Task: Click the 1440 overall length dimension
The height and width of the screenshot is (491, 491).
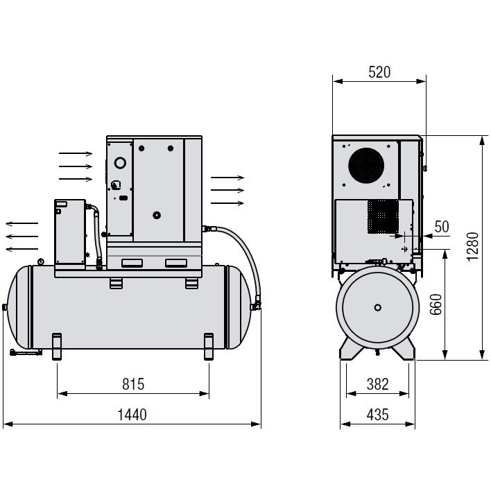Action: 132,415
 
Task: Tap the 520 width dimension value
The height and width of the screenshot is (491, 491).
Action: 379,71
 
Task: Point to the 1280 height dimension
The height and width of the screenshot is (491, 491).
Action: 472,246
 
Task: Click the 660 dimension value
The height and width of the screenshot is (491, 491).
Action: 436,304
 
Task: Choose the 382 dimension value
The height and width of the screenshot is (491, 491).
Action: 377,384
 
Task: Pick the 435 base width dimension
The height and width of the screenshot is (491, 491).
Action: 377,415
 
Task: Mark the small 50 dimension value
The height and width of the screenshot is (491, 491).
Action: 442,227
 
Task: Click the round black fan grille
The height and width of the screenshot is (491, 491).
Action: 366,166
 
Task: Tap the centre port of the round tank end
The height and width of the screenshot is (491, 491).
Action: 377,307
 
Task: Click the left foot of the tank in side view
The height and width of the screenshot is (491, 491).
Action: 57,345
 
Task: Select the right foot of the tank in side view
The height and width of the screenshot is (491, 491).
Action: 209,345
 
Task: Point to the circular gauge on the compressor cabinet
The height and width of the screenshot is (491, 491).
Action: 120,163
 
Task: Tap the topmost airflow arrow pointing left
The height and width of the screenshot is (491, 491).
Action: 22,223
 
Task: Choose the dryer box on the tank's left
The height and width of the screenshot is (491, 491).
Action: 70,232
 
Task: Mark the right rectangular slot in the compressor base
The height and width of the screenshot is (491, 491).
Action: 176,263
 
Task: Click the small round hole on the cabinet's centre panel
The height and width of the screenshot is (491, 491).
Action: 157,215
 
